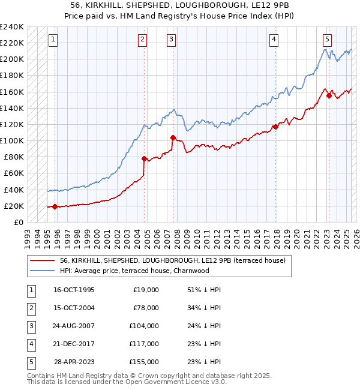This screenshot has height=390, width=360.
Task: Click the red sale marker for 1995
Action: coord(55,206)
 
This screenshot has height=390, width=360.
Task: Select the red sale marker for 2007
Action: coord(173,137)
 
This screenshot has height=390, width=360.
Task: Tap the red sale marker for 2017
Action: coord(275,127)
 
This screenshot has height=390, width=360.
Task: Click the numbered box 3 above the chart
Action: coord(171,40)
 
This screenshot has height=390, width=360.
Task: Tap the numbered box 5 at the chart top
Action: coord(327,40)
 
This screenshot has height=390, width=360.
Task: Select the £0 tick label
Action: coord(19,222)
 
